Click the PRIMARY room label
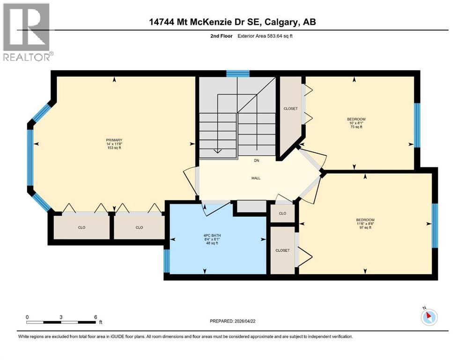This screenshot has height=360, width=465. pos(114,140)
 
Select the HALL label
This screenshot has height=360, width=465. pos(256,178)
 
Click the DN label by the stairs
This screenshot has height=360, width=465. pos(256,161)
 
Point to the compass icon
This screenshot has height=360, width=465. pos(429,317)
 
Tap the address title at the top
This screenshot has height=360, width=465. pos(233,22)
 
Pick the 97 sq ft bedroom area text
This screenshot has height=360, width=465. pos(365,228)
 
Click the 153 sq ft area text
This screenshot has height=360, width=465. pos(114,148)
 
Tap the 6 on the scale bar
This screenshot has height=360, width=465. pos(96,317)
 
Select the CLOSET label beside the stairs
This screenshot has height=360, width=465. pos(290,109)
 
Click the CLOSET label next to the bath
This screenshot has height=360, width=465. pos(282,250)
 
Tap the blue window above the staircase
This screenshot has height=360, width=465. pos(237,73)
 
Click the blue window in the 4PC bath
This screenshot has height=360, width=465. pos(166,261)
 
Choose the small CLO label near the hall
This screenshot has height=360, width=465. pos(282,213)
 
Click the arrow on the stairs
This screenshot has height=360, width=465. pos(217,151)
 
